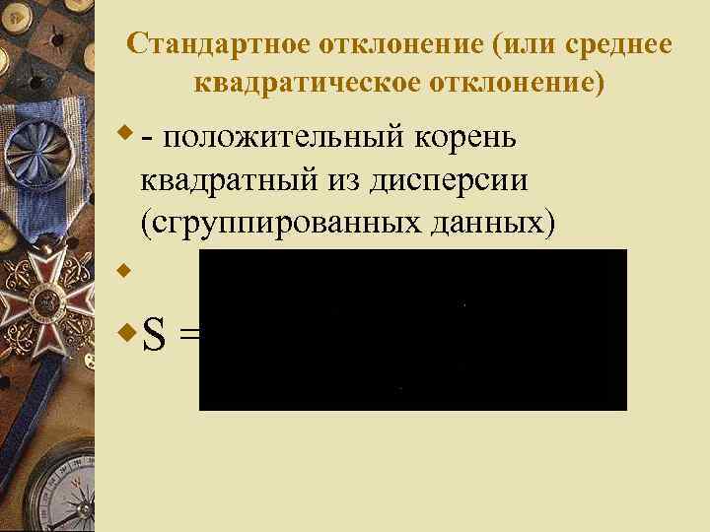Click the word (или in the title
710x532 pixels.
click(518, 45)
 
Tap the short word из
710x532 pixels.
click(340, 180)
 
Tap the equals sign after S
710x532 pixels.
click(188, 338)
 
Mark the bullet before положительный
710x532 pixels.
click(125, 129)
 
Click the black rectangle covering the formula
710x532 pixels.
click(412, 329)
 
